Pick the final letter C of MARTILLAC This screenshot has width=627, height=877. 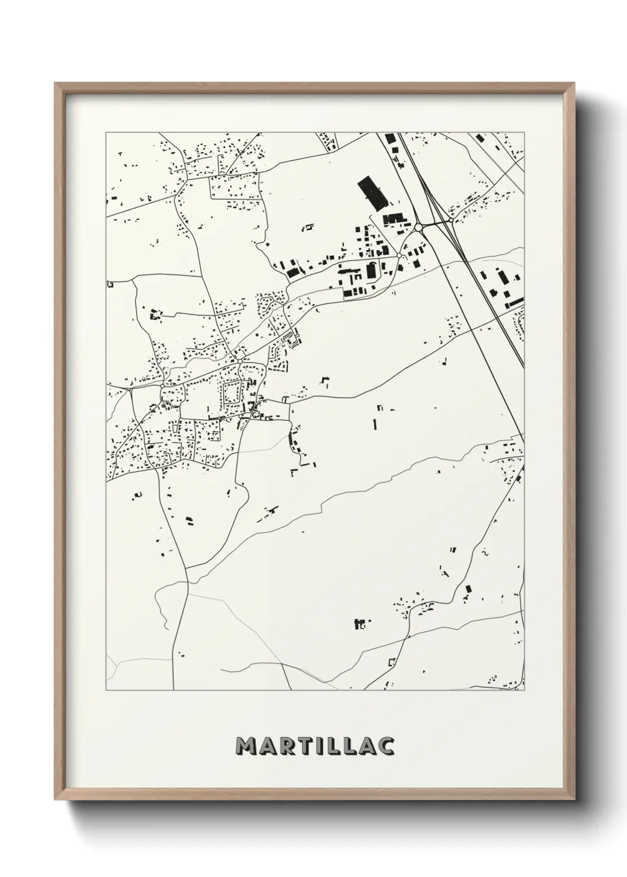386,746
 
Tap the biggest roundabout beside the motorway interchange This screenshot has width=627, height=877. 418,227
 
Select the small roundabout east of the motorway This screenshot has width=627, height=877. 451,221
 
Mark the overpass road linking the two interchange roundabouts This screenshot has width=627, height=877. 435,223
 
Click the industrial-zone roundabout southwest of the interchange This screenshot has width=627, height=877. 399,255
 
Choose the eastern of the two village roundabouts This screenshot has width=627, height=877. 239,360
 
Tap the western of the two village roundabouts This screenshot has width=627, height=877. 162,386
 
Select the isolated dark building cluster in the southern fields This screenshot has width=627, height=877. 359,623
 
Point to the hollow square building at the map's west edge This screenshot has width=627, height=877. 110,285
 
